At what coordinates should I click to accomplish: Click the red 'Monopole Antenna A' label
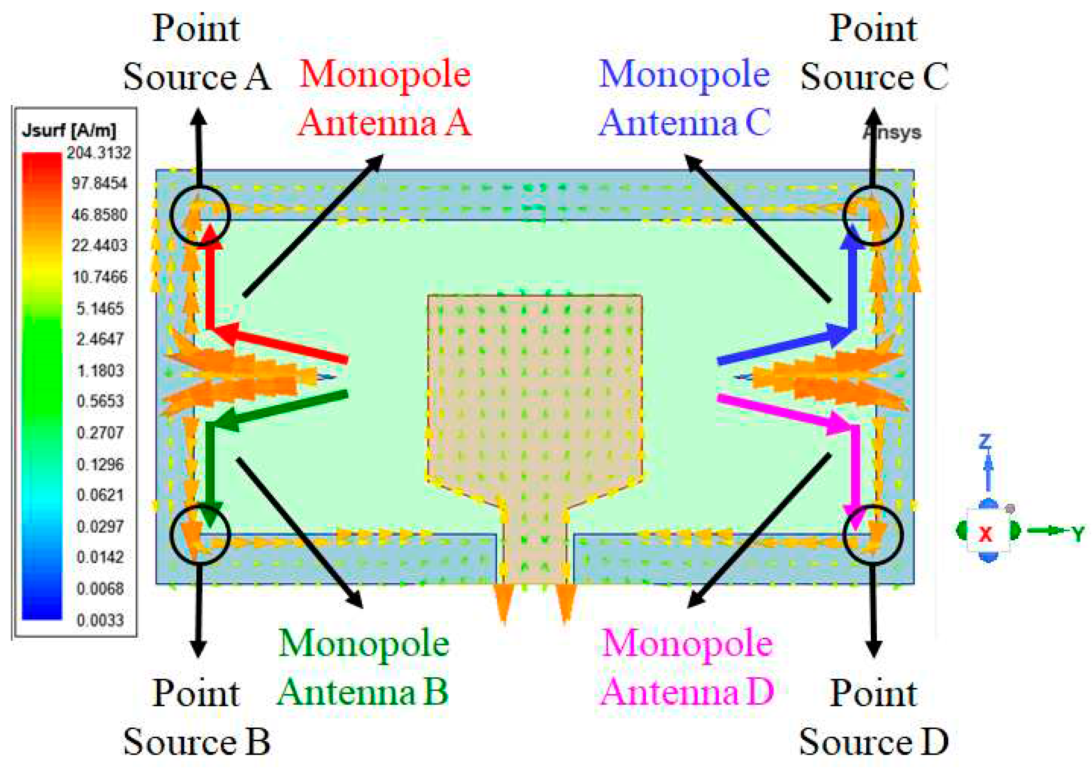(x=384, y=98)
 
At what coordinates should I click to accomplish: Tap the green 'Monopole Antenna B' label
(x=363, y=667)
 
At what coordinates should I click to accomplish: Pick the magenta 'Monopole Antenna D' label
(x=687, y=667)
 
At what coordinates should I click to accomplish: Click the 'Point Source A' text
(x=197, y=52)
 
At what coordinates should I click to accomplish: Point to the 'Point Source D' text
(x=873, y=718)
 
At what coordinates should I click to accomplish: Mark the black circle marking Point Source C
(x=872, y=215)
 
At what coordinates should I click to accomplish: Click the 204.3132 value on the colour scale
(x=98, y=153)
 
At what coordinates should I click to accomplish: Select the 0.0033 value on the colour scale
(x=100, y=620)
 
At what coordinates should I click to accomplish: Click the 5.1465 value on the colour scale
(x=100, y=309)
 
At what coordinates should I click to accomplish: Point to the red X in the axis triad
(x=985, y=534)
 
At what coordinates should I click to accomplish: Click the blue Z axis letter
(x=985, y=443)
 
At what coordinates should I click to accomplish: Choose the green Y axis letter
(x=1077, y=534)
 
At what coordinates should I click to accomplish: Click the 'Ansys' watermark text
(x=892, y=133)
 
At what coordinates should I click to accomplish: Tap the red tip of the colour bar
(x=42, y=159)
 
